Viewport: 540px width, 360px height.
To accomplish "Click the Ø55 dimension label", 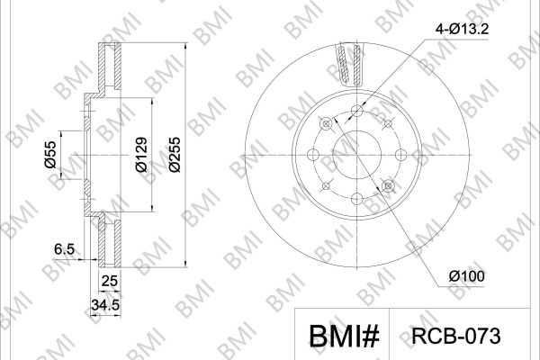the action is coord(50,154).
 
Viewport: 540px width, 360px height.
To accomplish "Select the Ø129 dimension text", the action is coord(141,154).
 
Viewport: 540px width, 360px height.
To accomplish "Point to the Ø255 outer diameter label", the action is coord(175,155).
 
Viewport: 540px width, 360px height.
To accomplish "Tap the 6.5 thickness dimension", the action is coord(65,248).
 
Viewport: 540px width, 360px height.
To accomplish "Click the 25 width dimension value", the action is coord(110,281).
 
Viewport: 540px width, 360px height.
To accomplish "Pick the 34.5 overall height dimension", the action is coord(105,305).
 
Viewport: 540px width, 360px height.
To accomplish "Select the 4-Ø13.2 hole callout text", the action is coord(462,30).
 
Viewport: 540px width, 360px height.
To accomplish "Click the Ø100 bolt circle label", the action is coord(466,276).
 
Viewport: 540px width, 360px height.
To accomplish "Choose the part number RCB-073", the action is coord(456,336).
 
